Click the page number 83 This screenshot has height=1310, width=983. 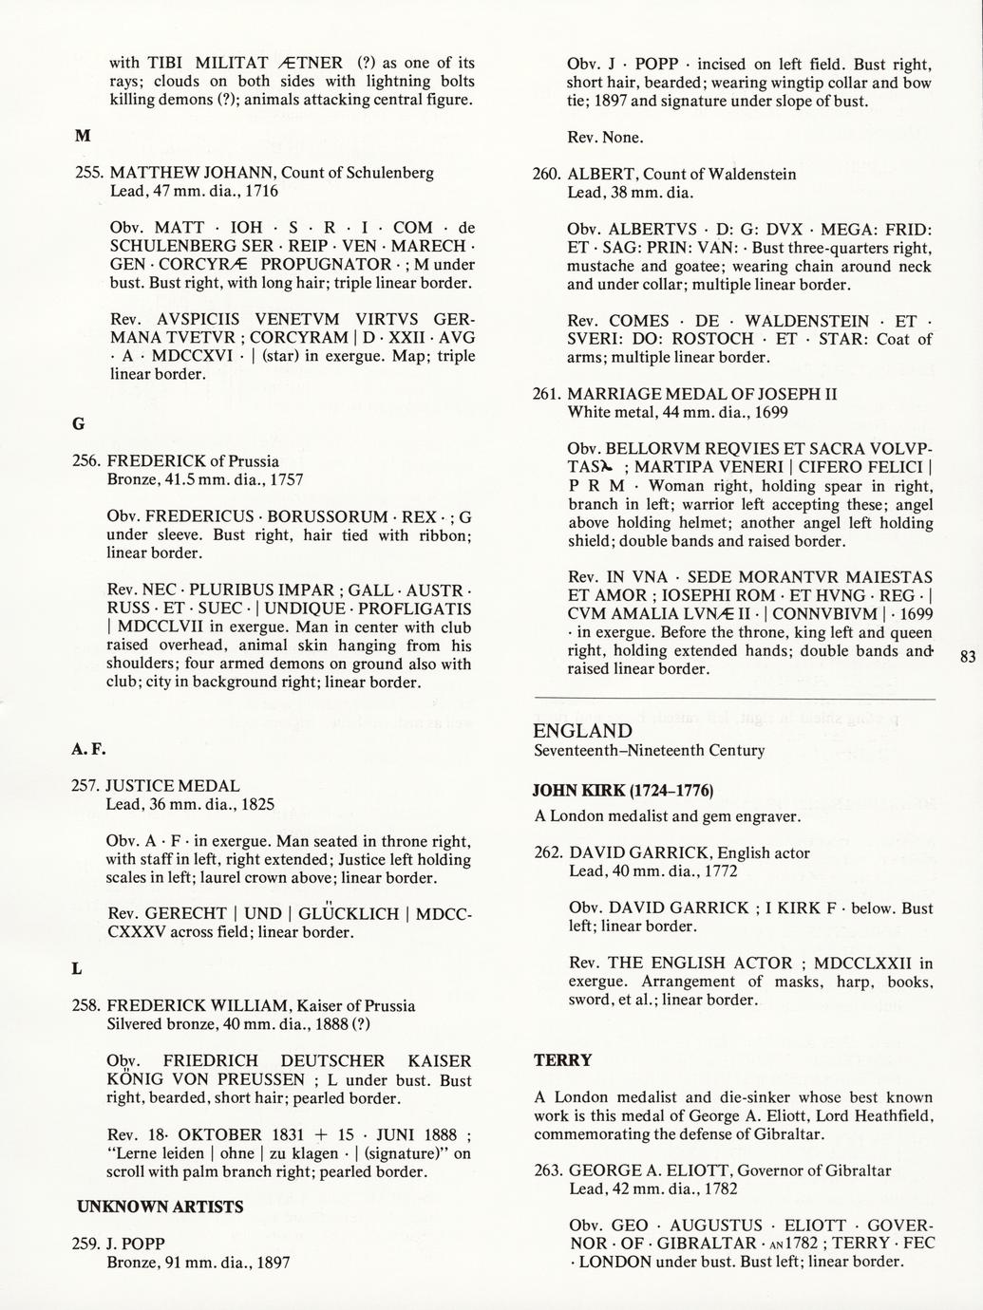967,657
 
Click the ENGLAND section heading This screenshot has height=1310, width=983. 582,731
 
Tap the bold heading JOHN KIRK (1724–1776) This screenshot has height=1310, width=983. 623,790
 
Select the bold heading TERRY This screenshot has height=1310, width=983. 562,1059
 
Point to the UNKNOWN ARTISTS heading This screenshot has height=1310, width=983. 160,1207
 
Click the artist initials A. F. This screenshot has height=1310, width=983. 88,750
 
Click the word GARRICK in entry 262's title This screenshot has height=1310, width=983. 677,852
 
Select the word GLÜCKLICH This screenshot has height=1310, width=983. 349,914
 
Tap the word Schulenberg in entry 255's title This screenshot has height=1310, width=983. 388,173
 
